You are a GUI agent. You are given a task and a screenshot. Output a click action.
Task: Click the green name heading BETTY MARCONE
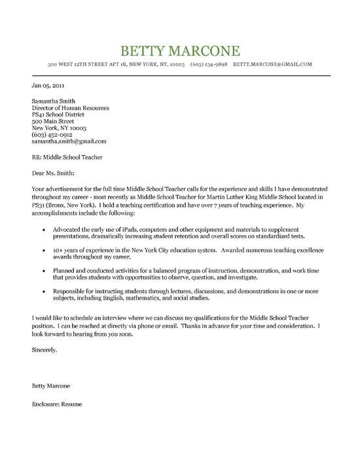tap(181, 50)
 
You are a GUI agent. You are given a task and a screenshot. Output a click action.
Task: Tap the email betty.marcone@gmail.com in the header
tap(272, 65)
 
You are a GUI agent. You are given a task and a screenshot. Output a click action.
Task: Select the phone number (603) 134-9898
tap(209, 65)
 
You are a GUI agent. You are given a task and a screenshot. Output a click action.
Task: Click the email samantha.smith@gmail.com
tap(69, 141)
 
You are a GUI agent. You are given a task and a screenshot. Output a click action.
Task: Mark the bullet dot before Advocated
tap(44, 230)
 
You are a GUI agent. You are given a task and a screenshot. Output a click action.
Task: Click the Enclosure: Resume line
tap(56, 403)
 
